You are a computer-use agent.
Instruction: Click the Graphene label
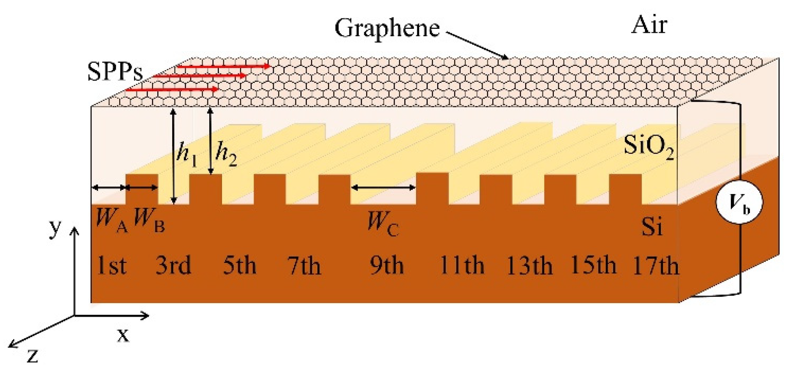click(387, 28)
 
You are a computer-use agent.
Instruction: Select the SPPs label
click(115, 72)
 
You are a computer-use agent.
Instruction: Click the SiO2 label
click(649, 147)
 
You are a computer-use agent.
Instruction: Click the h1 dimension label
click(187, 153)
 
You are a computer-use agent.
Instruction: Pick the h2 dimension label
click(226, 153)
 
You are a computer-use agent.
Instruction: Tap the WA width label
click(111, 220)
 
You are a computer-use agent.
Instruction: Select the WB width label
click(149, 220)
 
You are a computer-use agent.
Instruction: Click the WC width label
click(383, 224)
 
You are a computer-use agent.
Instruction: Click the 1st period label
click(111, 266)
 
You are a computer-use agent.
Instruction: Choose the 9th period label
click(386, 266)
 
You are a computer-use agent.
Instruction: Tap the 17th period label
click(656, 266)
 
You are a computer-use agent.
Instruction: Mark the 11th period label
click(462, 266)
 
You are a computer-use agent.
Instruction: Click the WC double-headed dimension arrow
click(383, 187)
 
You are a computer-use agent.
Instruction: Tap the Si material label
click(652, 226)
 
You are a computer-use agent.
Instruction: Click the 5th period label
click(239, 266)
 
